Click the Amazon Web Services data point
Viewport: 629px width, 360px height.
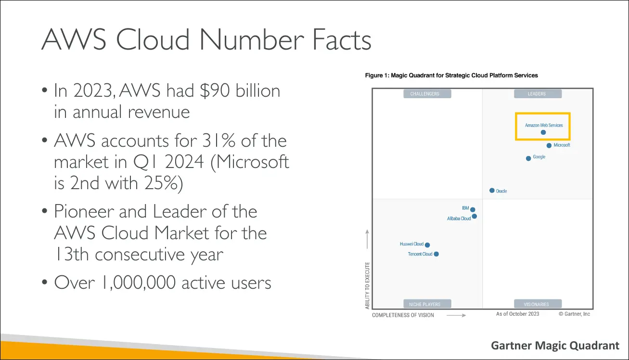point(543,132)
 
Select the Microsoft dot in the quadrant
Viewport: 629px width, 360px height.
point(549,145)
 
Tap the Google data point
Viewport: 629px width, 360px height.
point(528,158)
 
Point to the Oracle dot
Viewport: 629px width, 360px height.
point(492,191)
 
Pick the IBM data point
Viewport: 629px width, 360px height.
point(473,209)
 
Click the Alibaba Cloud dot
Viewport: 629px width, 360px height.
point(475,217)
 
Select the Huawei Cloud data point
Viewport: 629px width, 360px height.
point(427,245)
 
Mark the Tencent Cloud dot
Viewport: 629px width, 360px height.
point(436,254)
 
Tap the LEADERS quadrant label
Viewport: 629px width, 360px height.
point(537,94)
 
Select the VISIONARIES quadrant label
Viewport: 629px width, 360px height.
point(537,304)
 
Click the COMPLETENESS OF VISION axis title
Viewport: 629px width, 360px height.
point(403,315)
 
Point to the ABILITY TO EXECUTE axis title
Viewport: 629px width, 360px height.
point(368,285)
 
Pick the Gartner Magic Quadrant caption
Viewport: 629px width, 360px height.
point(555,345)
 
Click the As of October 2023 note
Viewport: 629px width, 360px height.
point(517,314)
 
